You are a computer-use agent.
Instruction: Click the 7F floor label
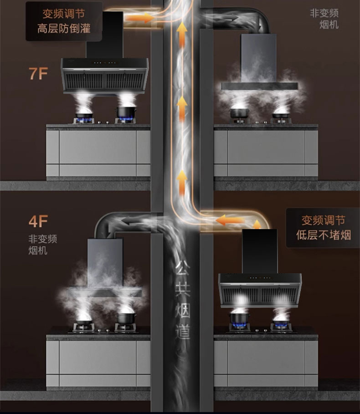38,73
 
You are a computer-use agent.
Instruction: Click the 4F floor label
38,221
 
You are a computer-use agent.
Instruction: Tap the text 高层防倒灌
64,29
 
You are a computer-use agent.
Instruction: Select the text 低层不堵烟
324,235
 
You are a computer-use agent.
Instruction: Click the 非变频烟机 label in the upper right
324,18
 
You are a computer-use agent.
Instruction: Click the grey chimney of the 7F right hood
258,57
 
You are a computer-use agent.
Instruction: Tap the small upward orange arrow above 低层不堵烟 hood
257,224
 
